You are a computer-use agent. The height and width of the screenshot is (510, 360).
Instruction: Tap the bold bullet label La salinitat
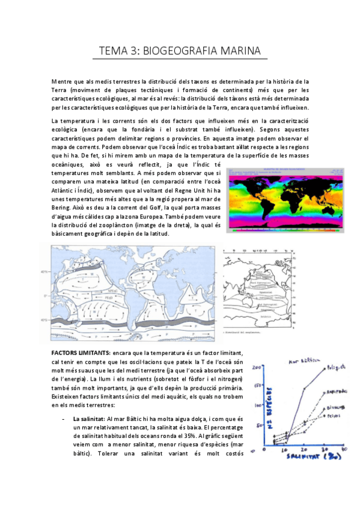click(89, 418)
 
